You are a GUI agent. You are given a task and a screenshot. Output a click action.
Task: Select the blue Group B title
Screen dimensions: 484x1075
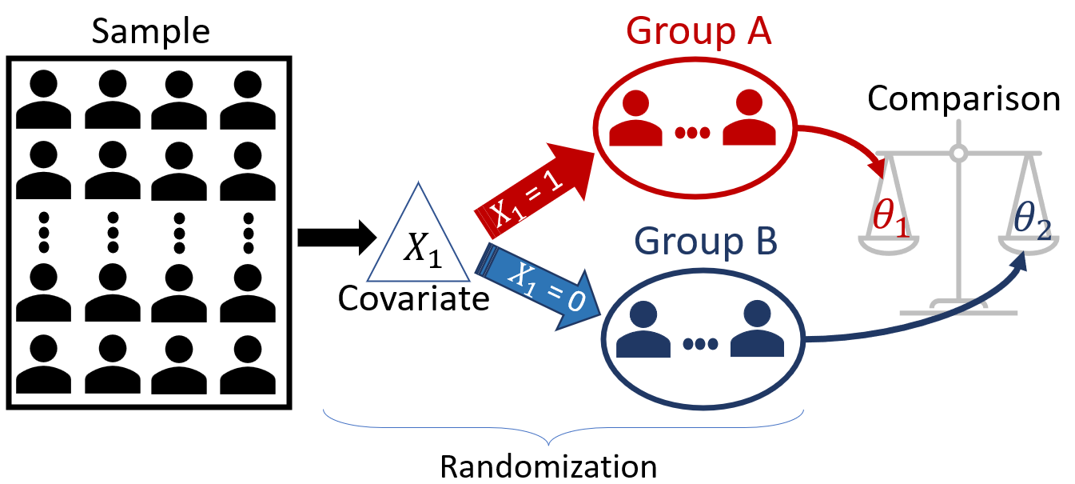click(x=706, y=241)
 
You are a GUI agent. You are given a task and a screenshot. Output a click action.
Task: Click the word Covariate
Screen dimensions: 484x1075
click(x=413, y=298)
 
